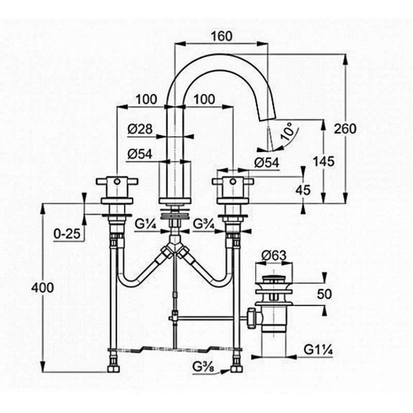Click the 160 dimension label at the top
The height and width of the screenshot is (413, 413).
pyautogui.click(x=222, y=36)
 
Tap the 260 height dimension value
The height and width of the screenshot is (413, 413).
pyautogui.click(x=345, y=129)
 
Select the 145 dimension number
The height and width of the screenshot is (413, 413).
pyautogui.click(x=324, y=161)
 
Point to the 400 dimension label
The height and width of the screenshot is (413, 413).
pyautogui.click(x=42, y=288)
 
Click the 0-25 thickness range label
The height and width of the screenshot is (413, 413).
pyautogui.click(x=67, y=233)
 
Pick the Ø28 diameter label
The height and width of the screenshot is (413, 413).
pyautogui.click(x=140, y=129)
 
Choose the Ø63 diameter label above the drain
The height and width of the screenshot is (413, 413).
pyautogui.click(x=274, y=255)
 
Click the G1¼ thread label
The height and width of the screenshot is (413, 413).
pyautogui.click(x=318, y=350)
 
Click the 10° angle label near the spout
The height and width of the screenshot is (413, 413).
pyautogui.click(x=287, y=132)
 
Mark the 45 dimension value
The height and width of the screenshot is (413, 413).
pyautogui.click(x=303, y=189)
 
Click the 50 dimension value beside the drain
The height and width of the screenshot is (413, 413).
pyautogui.click(x=324, y=294)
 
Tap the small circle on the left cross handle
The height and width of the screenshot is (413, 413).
pyautogui.click(x=117, y=181)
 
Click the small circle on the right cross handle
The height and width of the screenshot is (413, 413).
pyautogui.click(x=233, y=181)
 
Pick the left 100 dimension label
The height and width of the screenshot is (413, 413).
pyautogui.click(x=146, y=99)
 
